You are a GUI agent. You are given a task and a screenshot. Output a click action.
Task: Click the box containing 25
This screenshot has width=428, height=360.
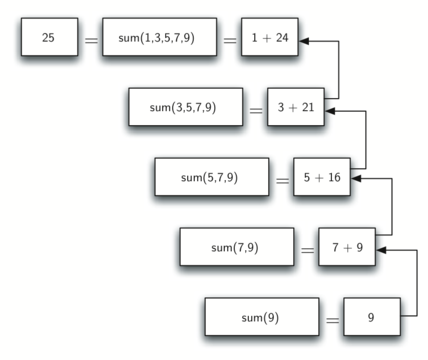48,39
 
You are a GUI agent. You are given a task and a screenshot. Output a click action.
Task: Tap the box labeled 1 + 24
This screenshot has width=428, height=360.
269,39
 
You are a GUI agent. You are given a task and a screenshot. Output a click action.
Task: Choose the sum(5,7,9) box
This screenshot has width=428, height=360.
212,177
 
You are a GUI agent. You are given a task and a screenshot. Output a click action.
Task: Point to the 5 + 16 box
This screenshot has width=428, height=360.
322,177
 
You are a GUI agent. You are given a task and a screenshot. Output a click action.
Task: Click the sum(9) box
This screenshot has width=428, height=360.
262,316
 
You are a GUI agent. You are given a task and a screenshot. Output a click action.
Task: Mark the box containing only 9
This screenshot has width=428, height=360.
371,316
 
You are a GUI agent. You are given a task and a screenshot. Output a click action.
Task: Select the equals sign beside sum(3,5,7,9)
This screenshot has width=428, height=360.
256,109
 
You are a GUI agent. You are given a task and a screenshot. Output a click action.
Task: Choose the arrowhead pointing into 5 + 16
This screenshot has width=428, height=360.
357,178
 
